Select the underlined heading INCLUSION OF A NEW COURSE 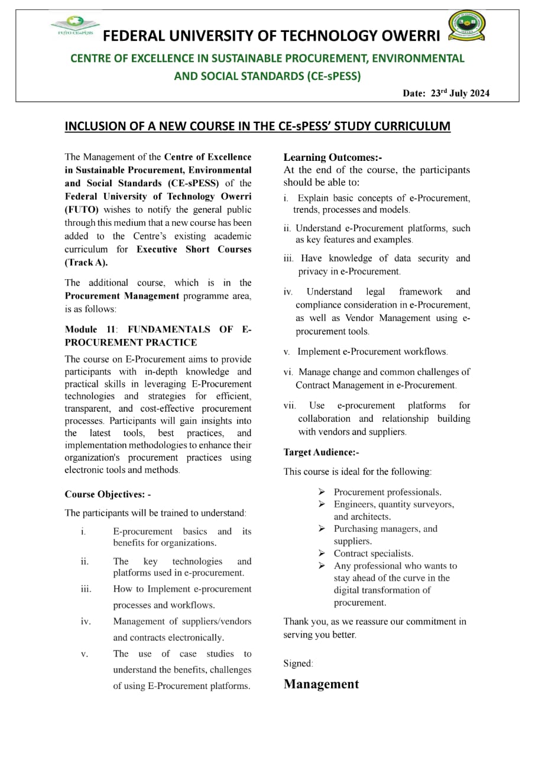[x=257, y=127]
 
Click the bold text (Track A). [x=86, y=263]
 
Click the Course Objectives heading [x=108, y=494]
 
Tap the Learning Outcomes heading [x=333, y=157]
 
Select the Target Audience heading [x=321, y=452]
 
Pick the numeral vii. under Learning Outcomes [x=290, y=406]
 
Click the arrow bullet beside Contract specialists [x=322, y=554]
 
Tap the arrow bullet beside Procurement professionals [x=322, y=492]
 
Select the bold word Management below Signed [x=321, y=684]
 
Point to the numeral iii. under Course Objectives [x=86, y=589]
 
